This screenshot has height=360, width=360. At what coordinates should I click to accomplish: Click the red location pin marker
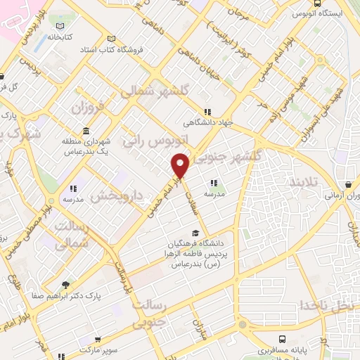181,167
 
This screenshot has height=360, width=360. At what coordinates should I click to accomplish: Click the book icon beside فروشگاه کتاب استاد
110,39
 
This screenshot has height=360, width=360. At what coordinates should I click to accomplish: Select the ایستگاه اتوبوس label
326,13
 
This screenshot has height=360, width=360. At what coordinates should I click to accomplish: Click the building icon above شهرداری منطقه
86,131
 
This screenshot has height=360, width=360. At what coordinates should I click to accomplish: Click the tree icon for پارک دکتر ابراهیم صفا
66,285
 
